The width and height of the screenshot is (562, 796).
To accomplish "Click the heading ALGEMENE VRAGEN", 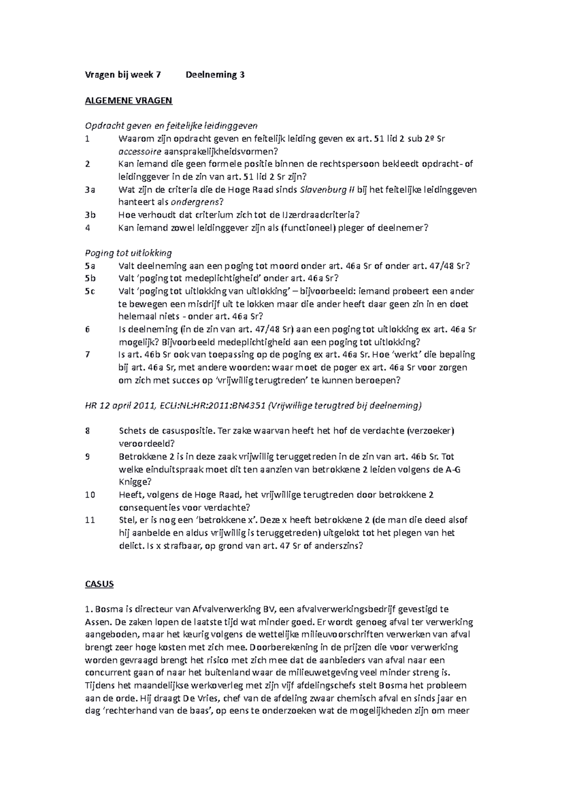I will (128, 100).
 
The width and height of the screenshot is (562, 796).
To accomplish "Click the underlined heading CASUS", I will (99, 584).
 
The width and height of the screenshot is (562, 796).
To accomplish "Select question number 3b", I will (90, 215).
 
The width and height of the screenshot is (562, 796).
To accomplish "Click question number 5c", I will (90, 291).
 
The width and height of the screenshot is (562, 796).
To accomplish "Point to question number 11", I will (90, 520).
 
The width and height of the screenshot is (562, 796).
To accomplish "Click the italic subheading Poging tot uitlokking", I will (128, 253).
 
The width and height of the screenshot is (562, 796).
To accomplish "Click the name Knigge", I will (135, 482).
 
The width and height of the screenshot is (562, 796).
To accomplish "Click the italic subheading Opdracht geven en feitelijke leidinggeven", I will (171, 126).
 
